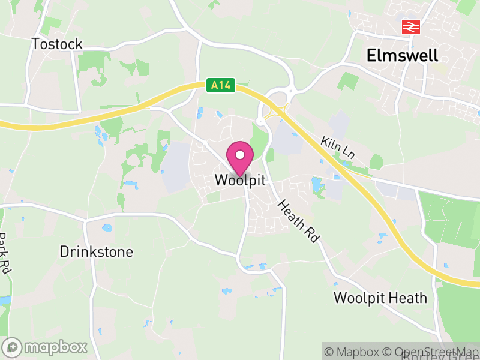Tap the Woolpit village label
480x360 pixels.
click(239, 180)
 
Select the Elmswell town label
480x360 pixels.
click(403, 56)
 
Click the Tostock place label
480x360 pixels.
click(57, 44)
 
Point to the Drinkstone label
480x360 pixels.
click(96, 251)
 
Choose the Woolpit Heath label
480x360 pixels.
click(380, 298)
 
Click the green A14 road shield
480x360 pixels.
click(220, 86)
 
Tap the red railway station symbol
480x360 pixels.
click(411, 26)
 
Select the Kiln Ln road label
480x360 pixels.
click(338, 148)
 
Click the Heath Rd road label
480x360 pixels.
click(298, 221)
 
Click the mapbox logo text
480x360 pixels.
click(55, 347)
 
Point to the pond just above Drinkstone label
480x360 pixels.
click(107, 228)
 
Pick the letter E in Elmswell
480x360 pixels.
click(371, 56)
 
